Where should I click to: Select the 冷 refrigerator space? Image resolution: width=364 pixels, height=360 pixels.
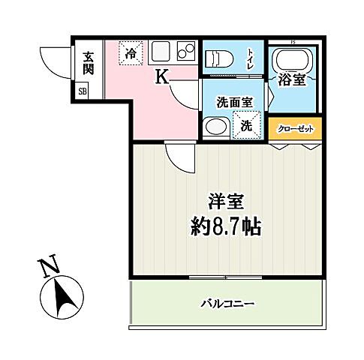click(131, 52)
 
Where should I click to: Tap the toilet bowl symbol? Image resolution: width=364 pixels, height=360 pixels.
click(218, 58)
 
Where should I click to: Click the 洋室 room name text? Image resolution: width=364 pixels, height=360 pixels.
click(225, 202)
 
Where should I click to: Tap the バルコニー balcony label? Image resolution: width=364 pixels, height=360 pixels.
click(227, 304)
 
